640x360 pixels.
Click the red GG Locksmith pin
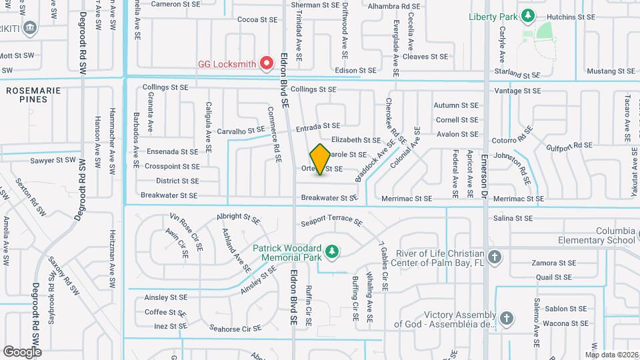[x=267, y=63]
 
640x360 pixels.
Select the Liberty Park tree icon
[x=527, y=15]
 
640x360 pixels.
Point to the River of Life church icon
[x=494, y=257]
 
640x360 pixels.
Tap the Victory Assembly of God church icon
[x=507, y=318]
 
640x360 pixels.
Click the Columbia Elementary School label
[x=597, y=235]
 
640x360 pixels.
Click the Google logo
[x=22, y=351]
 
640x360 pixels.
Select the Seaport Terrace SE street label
[x=331, y=223]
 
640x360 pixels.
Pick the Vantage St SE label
[x=517, y=91]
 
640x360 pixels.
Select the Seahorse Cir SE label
[x=235, y=329]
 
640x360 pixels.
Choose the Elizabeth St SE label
[x=355, y=140]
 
